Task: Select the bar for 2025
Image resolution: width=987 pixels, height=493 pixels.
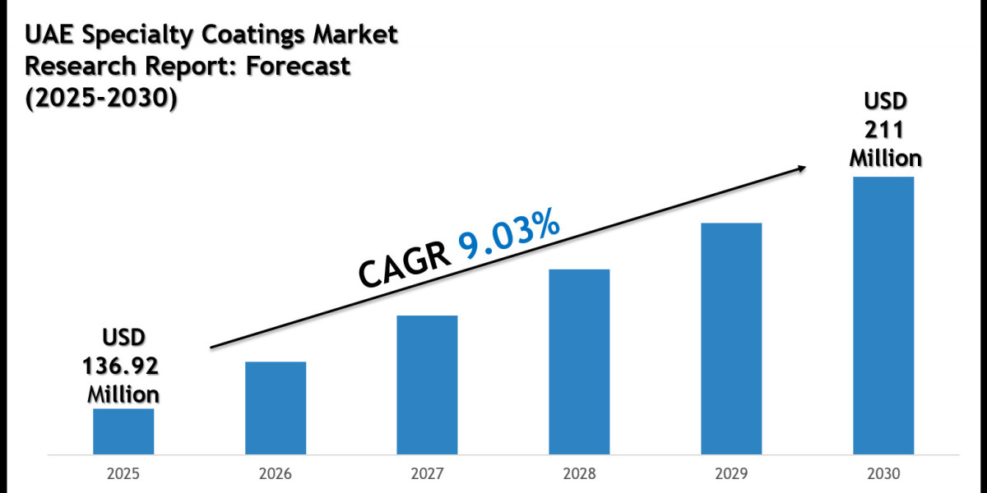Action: [123, 431]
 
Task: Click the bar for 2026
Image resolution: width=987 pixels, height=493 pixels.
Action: [276, 408]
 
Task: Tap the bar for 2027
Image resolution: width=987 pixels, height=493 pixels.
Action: [427, 385]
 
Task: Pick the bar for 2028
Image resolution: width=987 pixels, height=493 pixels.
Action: [579, 362]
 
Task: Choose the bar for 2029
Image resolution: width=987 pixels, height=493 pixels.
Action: [731, 338]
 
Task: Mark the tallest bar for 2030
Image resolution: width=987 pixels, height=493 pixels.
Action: [883, 315]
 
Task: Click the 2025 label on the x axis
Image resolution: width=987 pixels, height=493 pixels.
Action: [123, 474]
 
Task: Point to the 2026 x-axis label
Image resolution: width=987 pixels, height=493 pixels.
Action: [276, 474]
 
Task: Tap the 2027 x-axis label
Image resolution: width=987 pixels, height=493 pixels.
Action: [427, 474]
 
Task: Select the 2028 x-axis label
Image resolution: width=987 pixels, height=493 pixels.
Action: [579, 474]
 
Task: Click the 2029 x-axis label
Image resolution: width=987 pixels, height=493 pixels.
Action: [731, 474]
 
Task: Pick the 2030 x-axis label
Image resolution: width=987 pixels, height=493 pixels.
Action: [883, 474]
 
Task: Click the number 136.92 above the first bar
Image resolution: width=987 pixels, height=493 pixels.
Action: [123, 365]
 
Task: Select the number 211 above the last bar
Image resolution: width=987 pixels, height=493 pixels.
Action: [885, 129]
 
